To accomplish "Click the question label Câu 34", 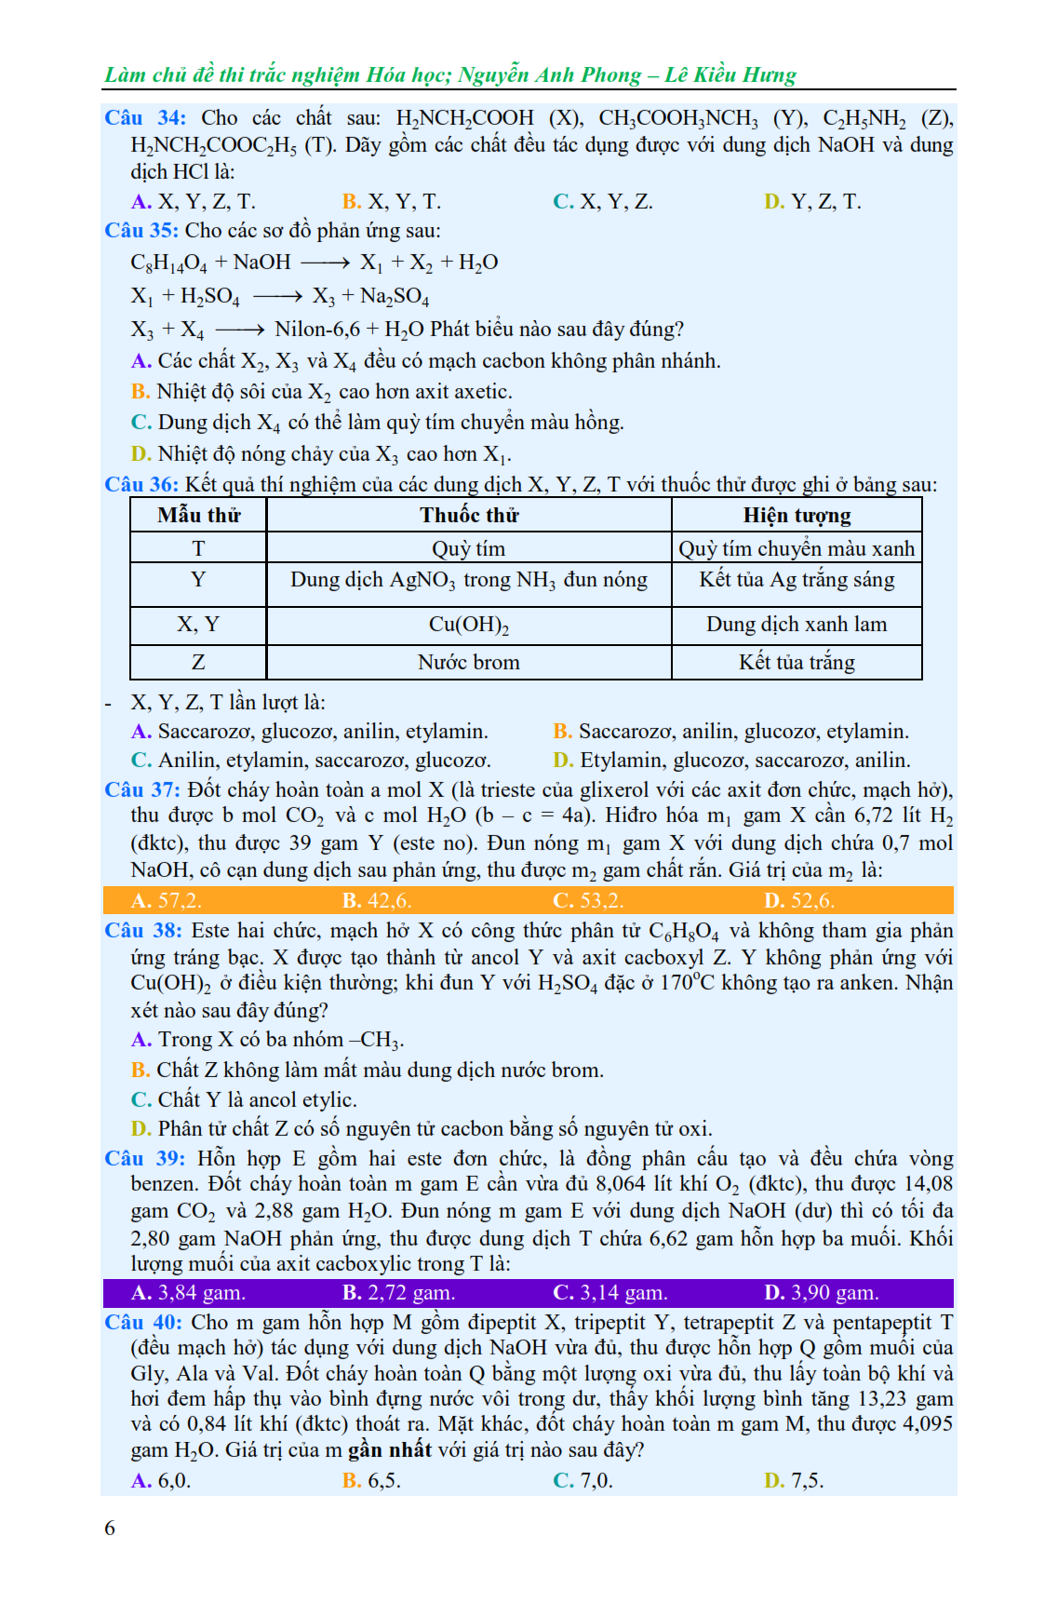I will [x=144, y=118].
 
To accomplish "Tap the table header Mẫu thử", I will [x=198, y=515].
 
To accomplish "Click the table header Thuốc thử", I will [x=469, y=515].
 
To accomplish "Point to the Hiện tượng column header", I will [x=797, y=515].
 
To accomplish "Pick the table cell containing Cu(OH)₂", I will [x=469, y=625].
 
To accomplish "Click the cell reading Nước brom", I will [x=469, y=662].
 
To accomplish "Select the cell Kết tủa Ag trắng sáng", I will [x=797, y=580].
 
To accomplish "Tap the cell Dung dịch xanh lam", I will [x=797, y=625].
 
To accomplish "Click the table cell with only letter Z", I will [x=198, y=662].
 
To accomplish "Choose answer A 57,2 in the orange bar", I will [x=167, y=900].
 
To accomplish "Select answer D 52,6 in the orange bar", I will [x=799, y=900].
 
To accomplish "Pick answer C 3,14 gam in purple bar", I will [x=610, y=1292].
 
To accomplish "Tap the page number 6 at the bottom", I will [x=110, y=1528].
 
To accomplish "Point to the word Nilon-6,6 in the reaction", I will [x=317, y=330].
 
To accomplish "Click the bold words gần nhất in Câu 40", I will [x=390, y=1450].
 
